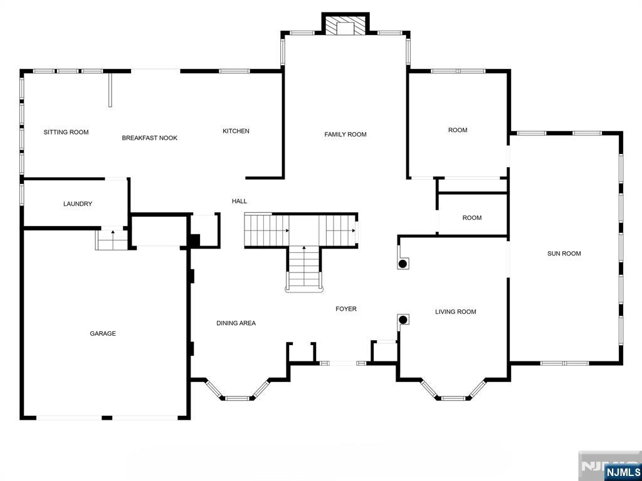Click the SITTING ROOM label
point(66,132)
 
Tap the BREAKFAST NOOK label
point(149,138)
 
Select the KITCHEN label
point(236,131)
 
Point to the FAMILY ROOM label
point(345,135)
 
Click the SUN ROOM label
point(564,254)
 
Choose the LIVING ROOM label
point(455,312)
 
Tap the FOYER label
point(345,309)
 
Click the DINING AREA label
point(236,323)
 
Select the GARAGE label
point(103,334)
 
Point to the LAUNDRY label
point(78,204)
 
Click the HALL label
point(239,201)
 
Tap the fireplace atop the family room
point(345,25)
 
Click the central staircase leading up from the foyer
point(304,268)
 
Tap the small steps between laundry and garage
point(112,239)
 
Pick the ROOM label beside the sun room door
point(471,218)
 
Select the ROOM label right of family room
point(458,130)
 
